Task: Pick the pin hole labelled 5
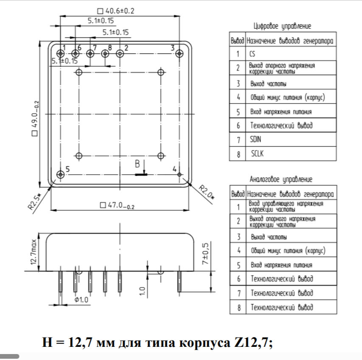coord(61,174)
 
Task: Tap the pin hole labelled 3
coord(180,53)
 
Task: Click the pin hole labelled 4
coord(180,174)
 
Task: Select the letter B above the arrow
coord(137,164)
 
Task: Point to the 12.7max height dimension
coord(34,253)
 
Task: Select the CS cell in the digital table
coord(253,54)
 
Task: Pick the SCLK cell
coord(257,154)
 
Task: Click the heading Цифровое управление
coord(282,26)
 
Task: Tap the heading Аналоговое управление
coord(282,179)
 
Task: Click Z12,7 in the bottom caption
coord(250,341)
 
